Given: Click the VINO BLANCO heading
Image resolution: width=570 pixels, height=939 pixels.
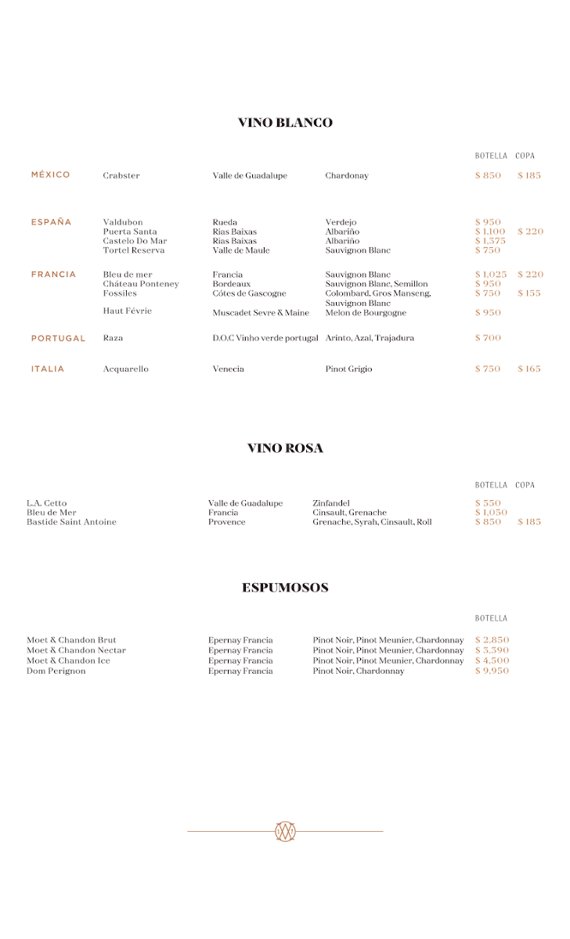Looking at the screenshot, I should coord(285,123).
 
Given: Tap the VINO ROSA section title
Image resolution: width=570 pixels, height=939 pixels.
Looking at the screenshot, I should coord(285,448).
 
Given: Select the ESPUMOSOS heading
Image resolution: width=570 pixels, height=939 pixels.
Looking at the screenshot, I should coord(285,588).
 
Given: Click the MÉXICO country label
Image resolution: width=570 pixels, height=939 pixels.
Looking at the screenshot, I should coord(51,175).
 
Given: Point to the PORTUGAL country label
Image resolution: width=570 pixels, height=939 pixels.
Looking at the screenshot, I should coord(59,339).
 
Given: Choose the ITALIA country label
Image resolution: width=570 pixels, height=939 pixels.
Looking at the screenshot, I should coord(48,369).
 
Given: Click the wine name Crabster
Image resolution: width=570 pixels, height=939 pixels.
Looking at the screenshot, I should coord(121,176).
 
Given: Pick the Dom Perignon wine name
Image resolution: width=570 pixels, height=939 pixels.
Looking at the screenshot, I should coord(56,671).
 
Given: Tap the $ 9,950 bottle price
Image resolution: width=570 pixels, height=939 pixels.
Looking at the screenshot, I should coord(492,671).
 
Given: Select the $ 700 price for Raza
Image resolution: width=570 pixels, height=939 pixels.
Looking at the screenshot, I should coord(488,338).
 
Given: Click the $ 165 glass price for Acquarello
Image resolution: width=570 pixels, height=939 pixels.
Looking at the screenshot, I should coord(529,369).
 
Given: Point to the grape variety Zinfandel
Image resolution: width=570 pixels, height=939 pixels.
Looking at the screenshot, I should coord(331,503).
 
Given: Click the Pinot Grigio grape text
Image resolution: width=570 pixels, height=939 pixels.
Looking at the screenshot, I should coord(349,369).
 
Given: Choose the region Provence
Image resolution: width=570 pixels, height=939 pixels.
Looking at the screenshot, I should coord(227,522).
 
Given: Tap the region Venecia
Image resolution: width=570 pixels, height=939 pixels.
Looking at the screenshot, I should coord(229,369).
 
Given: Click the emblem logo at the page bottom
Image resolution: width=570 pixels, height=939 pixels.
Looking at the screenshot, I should coord(285,832).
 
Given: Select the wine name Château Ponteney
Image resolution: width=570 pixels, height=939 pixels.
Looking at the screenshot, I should coord(141,284).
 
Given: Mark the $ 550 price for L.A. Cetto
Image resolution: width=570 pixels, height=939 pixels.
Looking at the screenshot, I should coord(488,503).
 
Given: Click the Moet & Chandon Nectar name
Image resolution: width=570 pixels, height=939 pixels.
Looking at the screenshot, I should coord(76,651).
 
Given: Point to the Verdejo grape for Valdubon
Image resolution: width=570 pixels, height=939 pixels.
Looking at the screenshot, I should coord(341,223).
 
